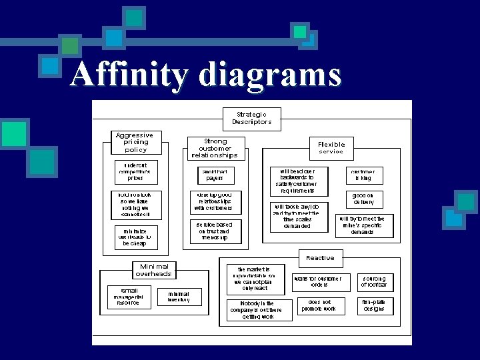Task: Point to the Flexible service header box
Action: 331,148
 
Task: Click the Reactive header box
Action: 320,258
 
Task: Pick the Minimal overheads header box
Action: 154,269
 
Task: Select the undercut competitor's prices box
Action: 135,171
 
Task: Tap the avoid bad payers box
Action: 215,175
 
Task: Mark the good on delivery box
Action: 363,199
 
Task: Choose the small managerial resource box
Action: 128,297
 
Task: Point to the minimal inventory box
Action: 179,297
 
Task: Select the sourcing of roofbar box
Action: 374,282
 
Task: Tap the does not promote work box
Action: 319,305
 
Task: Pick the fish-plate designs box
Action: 374,305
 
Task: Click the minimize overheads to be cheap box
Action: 135,237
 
